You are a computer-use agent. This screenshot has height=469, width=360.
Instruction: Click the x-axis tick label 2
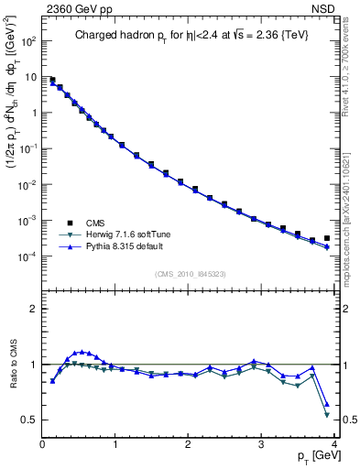(189, 444)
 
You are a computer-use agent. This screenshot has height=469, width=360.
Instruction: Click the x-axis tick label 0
(42, 444)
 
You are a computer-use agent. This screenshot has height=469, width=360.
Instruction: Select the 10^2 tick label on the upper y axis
(27, 41)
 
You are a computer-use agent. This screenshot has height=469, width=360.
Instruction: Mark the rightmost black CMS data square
(327, 238)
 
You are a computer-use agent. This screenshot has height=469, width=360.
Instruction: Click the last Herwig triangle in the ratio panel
(327, 415)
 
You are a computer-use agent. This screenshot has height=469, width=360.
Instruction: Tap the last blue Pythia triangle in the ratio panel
(327, 403)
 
